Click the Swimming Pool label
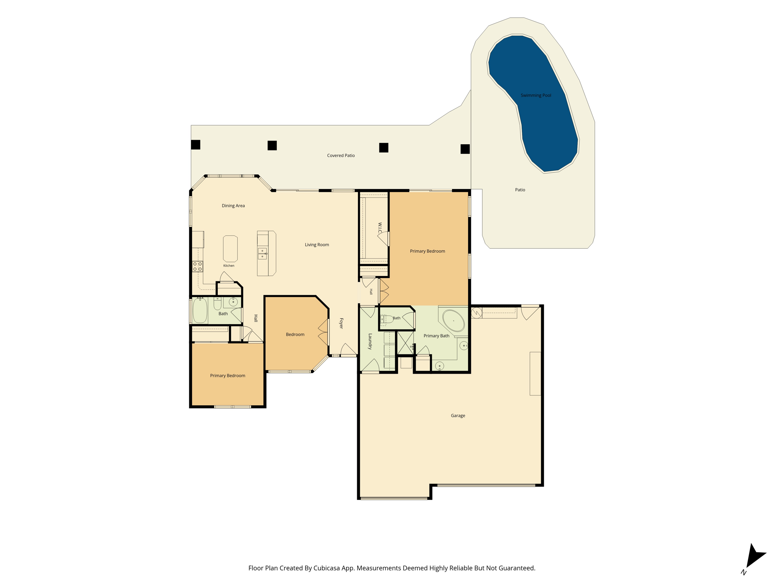coord(536,95)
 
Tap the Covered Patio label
coord(341,155)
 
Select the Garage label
coord(458,415)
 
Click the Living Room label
coord(317,245)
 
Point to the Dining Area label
coord(233,206)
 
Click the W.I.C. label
coord(380,228)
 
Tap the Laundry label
coord(370,341)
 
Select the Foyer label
coord(341,323)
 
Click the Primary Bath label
coord(436,336)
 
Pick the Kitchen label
coord(229,266)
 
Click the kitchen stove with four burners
coord(198,266)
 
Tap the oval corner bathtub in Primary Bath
coord(454,321)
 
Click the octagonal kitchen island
coord(230,249)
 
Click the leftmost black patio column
coord(196,145)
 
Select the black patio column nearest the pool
coord(465,149)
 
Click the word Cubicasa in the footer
coord(327,568)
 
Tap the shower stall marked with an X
coord(405,343)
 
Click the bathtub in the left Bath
coord(200,310)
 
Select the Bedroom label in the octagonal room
coord(295,335)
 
